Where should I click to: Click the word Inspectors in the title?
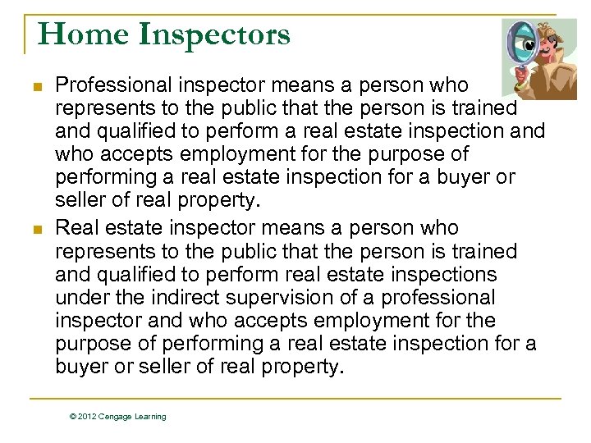click(x=214, y=34)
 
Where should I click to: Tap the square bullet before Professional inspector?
click(x=35, y=84)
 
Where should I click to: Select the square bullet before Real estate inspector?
click(x=35, y=228)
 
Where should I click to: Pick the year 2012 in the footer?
click(x=88, y=417)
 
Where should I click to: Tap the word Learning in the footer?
click(x=152, y=417)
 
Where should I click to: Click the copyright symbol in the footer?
click(x=74, y=417)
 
